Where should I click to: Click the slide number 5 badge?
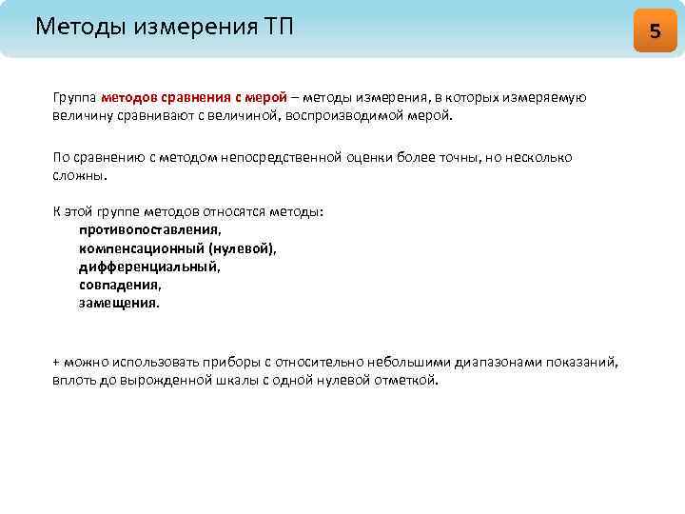(x=655, y=30)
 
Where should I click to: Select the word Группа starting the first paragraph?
(x=74, y=98)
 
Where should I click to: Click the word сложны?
(x=80, y=175)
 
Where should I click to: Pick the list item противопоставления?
(x=150, y=229)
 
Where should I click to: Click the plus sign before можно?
(x=56, y=363)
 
